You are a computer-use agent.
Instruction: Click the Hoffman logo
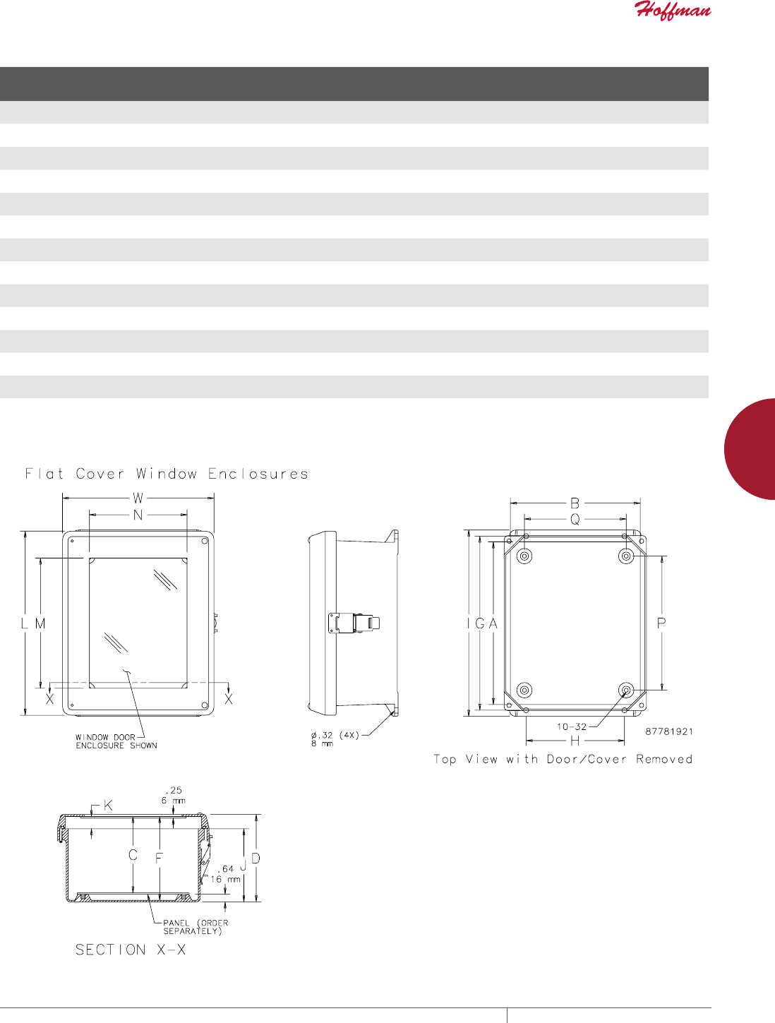pyautogui.click(x=672, y=11)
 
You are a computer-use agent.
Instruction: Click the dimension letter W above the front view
pyautogui.click(x=138, y=498)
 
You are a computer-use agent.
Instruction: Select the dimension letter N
pyautogui.click(x=138, y=515)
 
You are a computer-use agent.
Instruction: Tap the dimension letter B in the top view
pyautogui.click(x=575, y=503)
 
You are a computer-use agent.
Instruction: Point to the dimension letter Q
pyautogui.click(x=575, y=520)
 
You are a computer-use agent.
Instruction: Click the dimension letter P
pyautogui.click(x=661, y=623)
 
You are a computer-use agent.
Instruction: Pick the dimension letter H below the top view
pyautogui.click(x=575, y=741)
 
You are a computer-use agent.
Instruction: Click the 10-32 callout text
pyautogui.click(x=571, y=726)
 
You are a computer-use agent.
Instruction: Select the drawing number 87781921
pyautogui.click(x=669, y=731)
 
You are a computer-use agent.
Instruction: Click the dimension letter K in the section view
pyautogui.click(x=108, y=806)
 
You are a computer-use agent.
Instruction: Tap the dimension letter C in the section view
pyautogui.click(x=133, y=856)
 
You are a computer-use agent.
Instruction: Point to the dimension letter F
pyautogui.click(x=160, y=858)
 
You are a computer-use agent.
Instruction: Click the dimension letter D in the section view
pyautogui.click(x=256, y=859)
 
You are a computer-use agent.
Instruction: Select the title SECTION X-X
pyautogui.click(x=131, y=950)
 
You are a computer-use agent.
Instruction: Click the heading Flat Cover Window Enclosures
pyautogui.click(x=167, y=474)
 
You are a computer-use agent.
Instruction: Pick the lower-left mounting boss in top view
pyautogui.click(x=524, y=690)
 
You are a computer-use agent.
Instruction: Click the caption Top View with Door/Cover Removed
pyautogui.click(x=563, y=759)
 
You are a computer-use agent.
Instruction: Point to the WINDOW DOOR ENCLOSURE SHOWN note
pyautogui.click(x=116, y=741)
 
